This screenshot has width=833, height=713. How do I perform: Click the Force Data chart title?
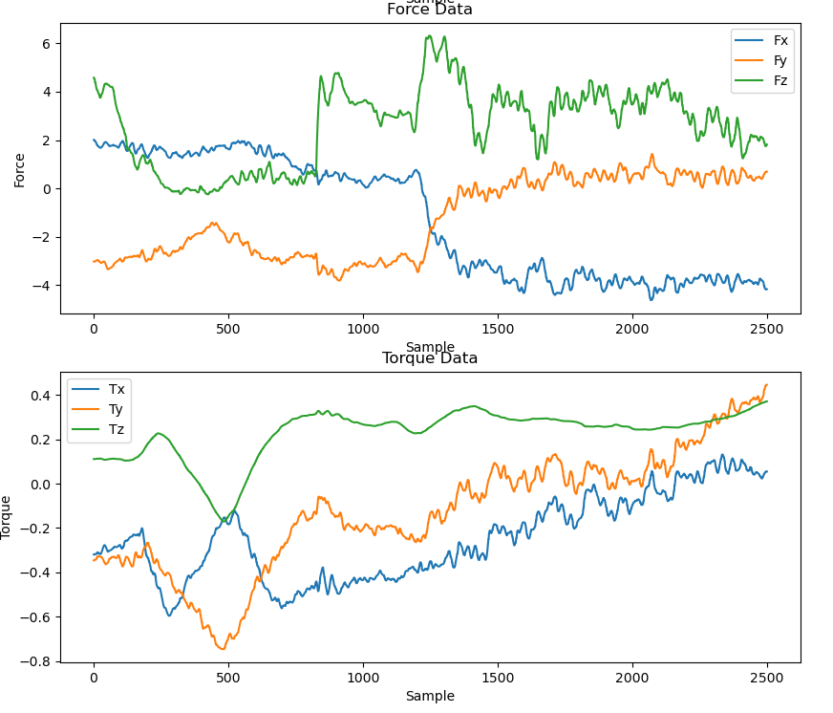coord(429,11)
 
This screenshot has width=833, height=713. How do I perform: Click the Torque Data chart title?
coord(429,358)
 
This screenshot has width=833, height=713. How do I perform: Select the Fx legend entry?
coord(780,40)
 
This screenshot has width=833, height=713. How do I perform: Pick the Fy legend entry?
coord(780,60)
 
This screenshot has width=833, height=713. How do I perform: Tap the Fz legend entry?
coord(780,80)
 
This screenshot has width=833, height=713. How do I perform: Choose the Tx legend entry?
coord(117,389)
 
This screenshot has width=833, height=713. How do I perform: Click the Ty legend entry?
coord(117,409)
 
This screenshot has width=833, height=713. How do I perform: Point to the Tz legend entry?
coord(117,429)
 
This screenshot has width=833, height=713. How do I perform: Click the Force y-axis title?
coord(19,169)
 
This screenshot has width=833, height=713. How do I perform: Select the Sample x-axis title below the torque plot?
coord(429,696)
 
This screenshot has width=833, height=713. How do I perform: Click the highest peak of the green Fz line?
coord(429,36)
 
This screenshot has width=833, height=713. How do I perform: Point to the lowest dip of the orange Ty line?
coord(223,649)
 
